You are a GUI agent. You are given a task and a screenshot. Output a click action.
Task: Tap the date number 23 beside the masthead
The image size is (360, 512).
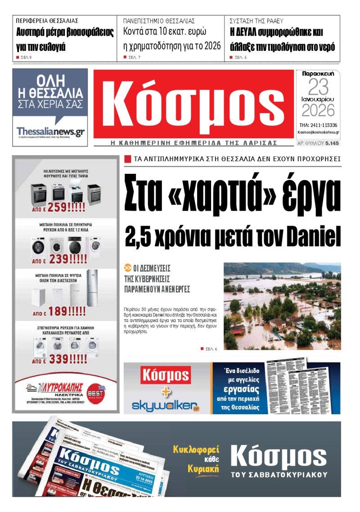point(318,87)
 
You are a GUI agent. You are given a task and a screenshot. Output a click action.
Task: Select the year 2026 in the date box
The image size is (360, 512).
point(318,110)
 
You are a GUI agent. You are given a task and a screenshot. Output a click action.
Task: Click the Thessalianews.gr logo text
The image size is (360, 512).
point(50,131)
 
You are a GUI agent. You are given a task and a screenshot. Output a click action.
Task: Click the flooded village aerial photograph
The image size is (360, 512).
point(282,306)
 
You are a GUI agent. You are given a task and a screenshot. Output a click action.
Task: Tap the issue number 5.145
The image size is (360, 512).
point(332,143)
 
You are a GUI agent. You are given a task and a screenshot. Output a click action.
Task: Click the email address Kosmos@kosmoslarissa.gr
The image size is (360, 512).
point(318,132)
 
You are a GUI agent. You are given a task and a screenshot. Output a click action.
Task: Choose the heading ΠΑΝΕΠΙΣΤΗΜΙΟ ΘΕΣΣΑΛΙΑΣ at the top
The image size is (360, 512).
point(159,21)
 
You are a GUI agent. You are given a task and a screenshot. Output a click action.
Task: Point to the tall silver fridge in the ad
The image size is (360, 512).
point(92,288)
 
